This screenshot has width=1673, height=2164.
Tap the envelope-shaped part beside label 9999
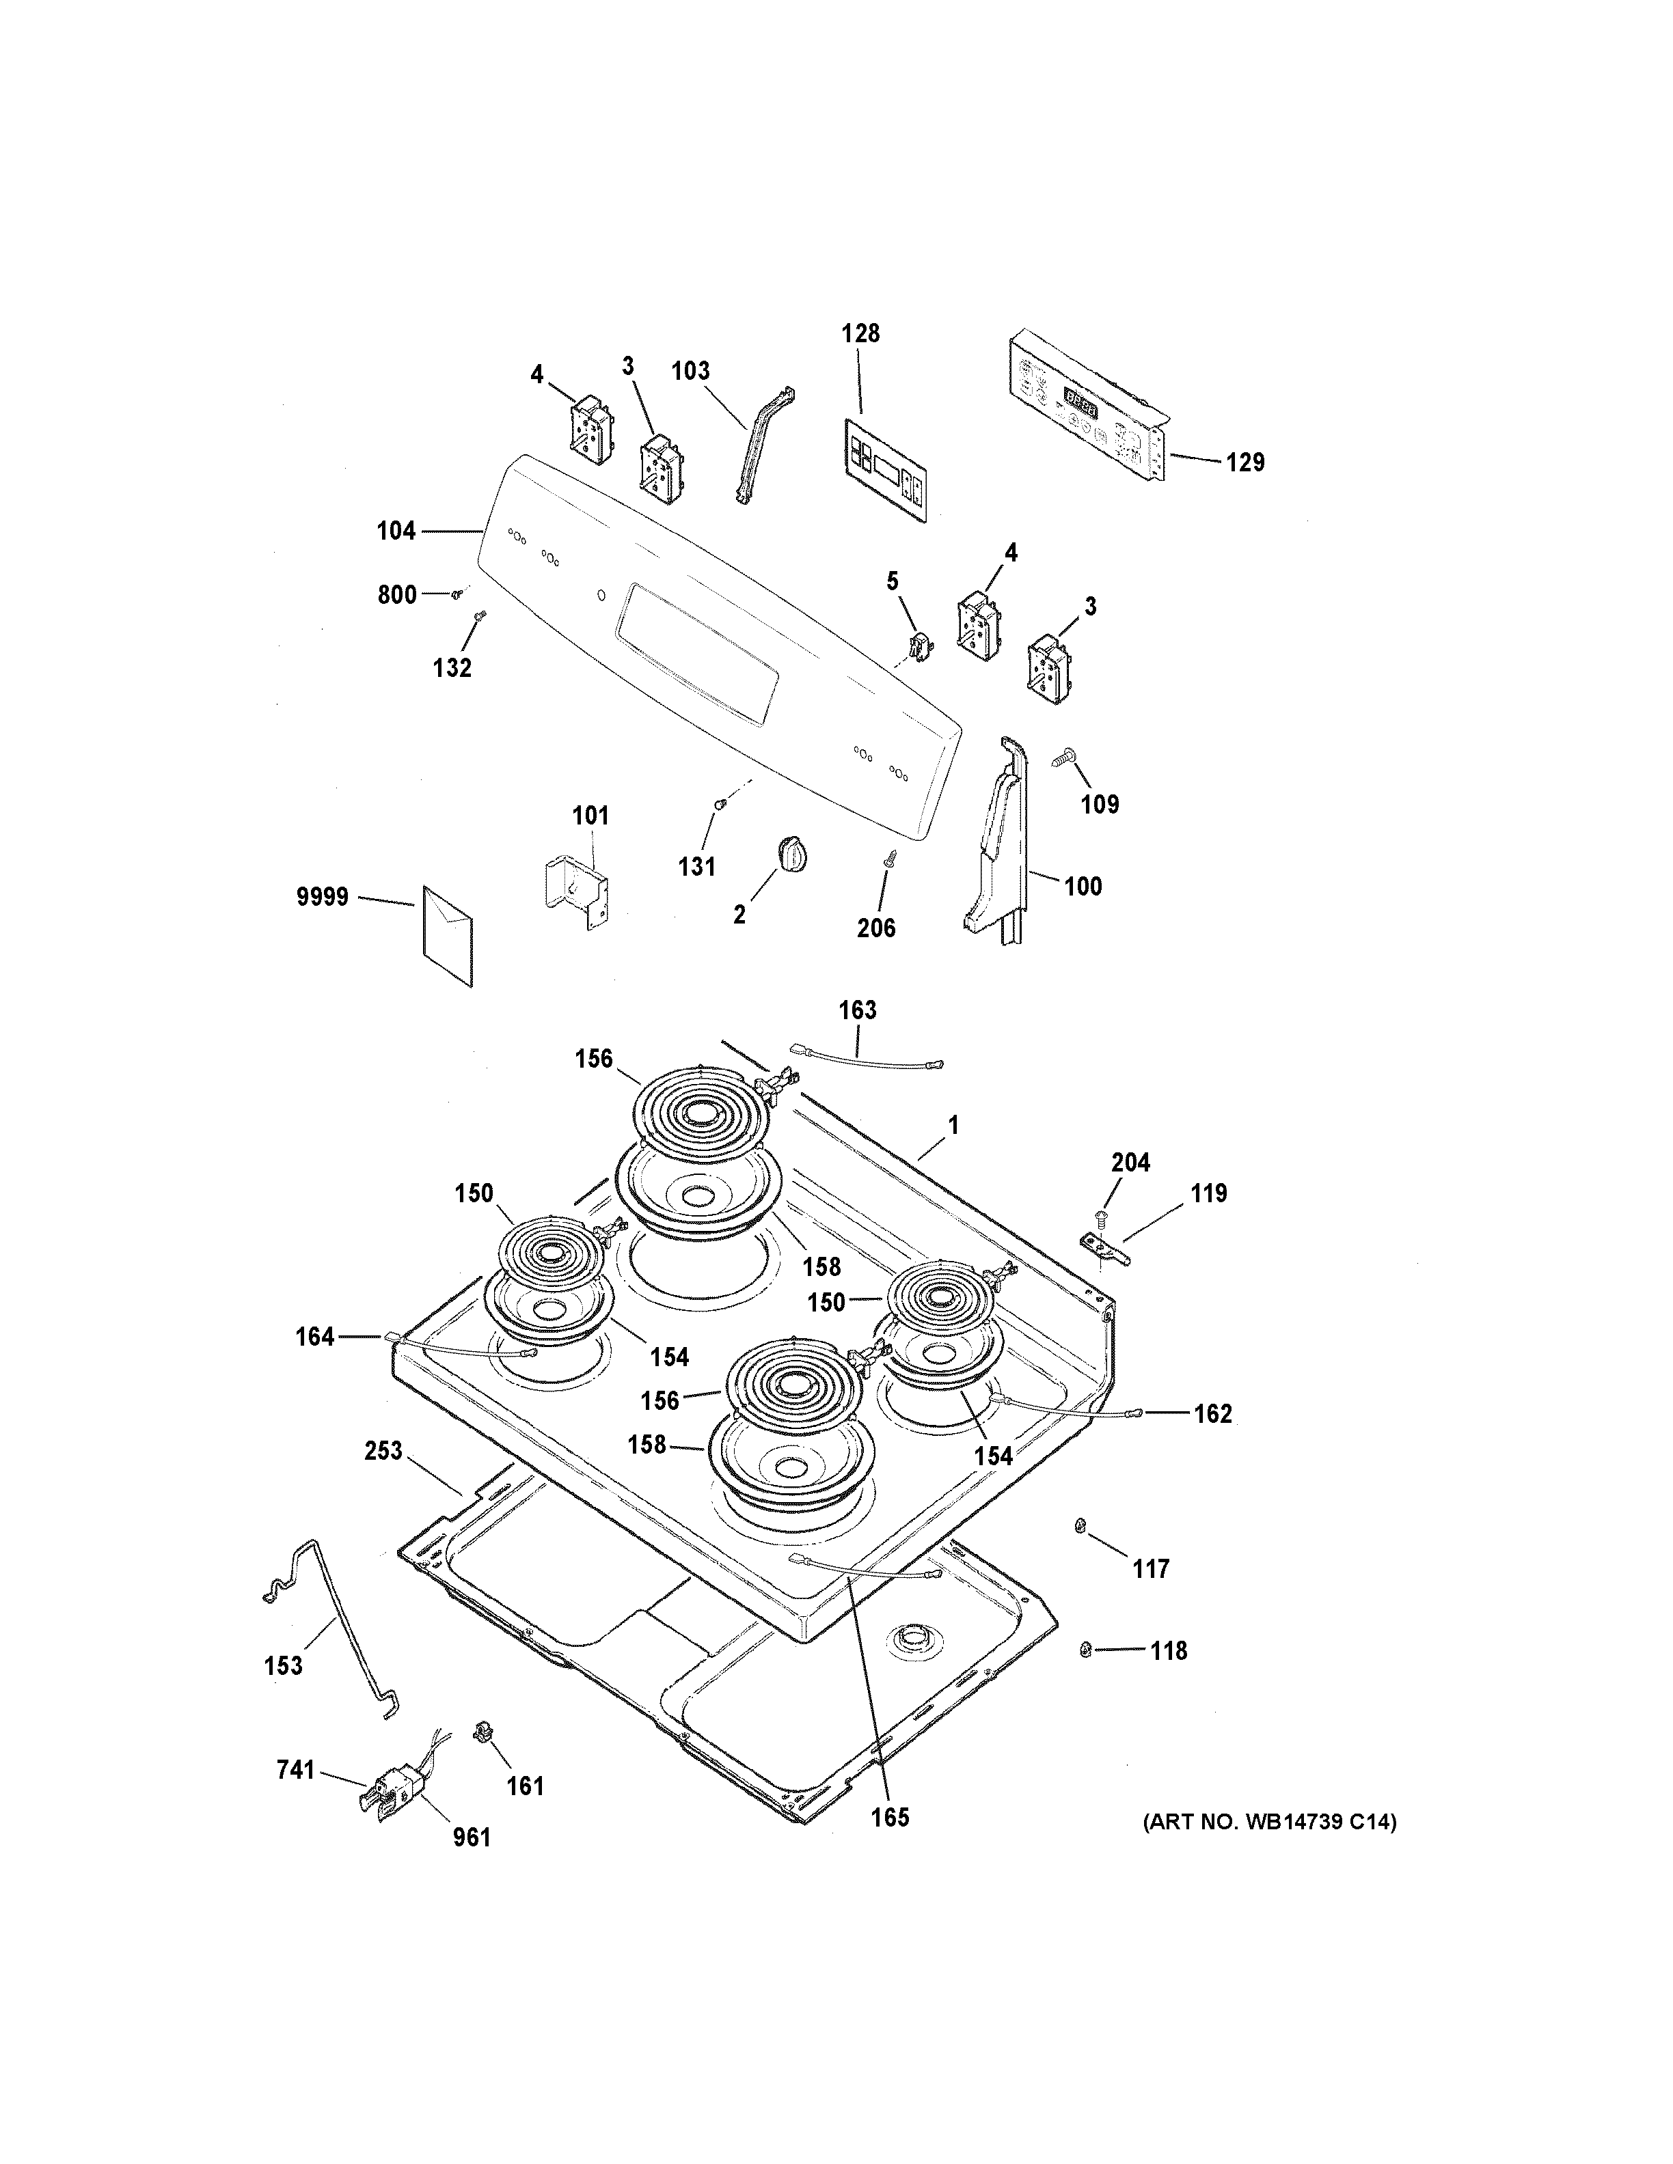448,937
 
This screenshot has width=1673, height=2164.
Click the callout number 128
860,334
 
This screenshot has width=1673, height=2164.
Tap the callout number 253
383,1452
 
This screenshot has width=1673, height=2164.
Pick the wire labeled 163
867,1057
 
